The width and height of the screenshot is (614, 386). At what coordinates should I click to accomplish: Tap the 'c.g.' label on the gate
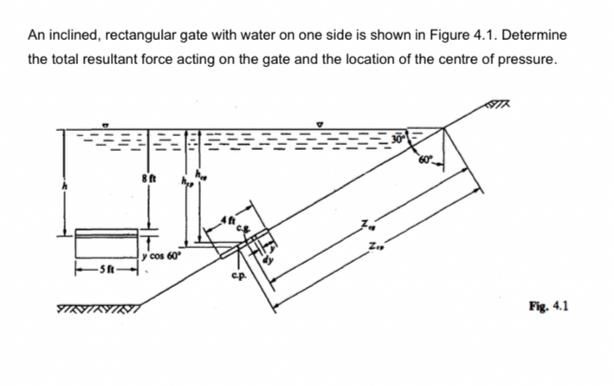(x=248, y=227)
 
